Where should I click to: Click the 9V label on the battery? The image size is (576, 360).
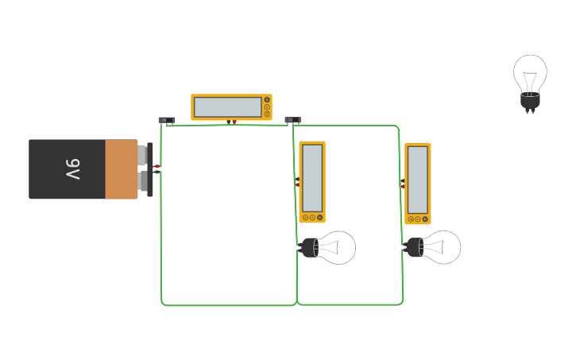[x=72, y=168]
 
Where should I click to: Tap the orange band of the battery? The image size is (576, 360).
[x=121, y=168]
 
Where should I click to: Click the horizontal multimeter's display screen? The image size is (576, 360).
[x=227, y=106]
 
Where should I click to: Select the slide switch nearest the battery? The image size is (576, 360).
[x=166, y=121]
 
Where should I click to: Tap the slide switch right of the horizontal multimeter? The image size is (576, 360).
[x=292, y=121]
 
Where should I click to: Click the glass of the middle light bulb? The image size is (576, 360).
[x=337, y=248]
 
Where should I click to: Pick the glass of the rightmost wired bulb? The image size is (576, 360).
[x=442, y=247]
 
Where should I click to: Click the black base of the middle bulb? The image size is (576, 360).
[x=309, y=248]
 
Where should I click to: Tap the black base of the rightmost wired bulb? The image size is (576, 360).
[x=414, y=247]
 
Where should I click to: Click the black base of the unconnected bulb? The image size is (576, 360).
[x=530, y=101]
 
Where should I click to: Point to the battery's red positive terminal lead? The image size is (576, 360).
[x=157, y=166]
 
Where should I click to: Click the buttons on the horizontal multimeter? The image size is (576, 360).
[x=267, y=106]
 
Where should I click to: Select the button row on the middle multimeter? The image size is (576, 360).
[x=312, y=217]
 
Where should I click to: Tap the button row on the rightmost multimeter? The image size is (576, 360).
[x=418, y=219]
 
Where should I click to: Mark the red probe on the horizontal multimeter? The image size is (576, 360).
[x=234, y=122]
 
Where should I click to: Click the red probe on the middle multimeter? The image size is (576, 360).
[x=298, y=184]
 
